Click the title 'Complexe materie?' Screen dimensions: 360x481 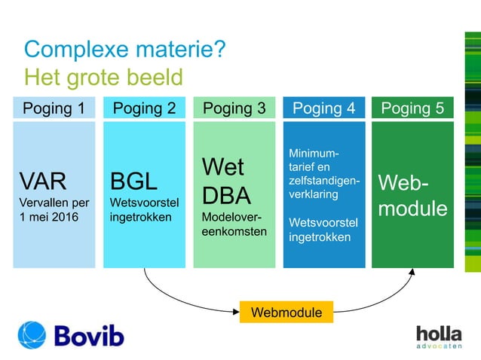(124, 50)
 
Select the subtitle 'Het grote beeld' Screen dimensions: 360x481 (103, 77)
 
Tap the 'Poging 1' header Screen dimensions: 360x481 (54, 108)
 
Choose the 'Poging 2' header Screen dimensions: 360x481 (144, 108)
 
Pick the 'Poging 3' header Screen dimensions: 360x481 (234, 108)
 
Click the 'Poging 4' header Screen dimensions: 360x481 (323, 108)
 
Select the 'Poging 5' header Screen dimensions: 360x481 (412, 108)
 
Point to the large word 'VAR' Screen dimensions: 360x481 (43, 182)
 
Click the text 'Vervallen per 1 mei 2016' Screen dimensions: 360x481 (54, 209)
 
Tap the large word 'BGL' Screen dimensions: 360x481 (133, 182)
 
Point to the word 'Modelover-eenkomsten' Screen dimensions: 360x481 (234, 224)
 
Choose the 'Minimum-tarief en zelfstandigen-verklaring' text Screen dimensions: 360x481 (323, 174)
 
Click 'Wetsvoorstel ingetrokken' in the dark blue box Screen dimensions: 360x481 (323, 230)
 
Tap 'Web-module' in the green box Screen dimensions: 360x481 (412, 195)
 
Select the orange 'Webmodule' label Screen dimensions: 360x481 (286, 312)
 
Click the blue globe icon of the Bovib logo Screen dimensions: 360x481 (32, 335)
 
